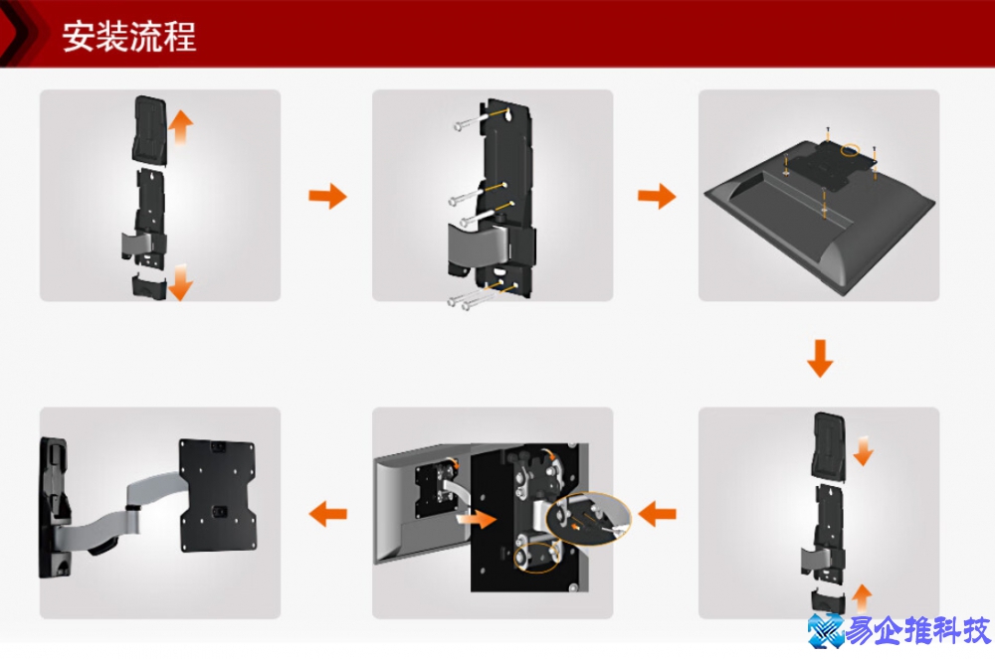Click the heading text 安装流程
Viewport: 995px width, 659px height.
pyautogui.click(x=128, y=36)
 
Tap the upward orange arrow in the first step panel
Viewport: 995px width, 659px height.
pyautogui.click(x=181, y=127)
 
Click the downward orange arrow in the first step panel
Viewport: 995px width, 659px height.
pyautogui.click(x=180, y=282)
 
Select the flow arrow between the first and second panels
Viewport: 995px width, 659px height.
pyautogui.click(x=327, y=196)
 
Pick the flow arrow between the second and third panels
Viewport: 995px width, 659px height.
pyautogui.click(x=657, y=196)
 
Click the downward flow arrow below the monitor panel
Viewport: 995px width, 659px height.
pyautogui.click(x=820, y=358)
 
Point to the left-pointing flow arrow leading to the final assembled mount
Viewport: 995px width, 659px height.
pyautogui.click(x=327, y=513)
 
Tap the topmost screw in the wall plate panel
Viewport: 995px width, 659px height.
pyautogui.click(x=471, y=121)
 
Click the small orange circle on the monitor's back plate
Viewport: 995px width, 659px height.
pyautogui.click(x=850, y=150)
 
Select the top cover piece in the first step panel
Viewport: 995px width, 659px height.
pyautogui.click(x=150, y=129)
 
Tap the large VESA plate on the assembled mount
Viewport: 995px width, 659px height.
pyautogui.click(x=218, y=495)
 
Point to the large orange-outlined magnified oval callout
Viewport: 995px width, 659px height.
pyautogui.click(x=588, y=518)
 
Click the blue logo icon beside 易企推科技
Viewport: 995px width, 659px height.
pyautogui.click(x=825, y=630)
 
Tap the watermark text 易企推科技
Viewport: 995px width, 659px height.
pyautogui.click(x=917, y=630)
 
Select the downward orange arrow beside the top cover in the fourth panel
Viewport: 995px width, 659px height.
pyautogui.click(x=863, y=450)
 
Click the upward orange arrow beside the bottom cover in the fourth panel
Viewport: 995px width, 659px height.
pyautogui.click(x=861, y=598)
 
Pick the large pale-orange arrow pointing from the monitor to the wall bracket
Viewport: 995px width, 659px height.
pyautogui.click(x=476, y=518)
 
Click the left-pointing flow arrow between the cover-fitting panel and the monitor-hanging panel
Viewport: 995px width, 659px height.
pyautogui.click(x=657, y=513)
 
